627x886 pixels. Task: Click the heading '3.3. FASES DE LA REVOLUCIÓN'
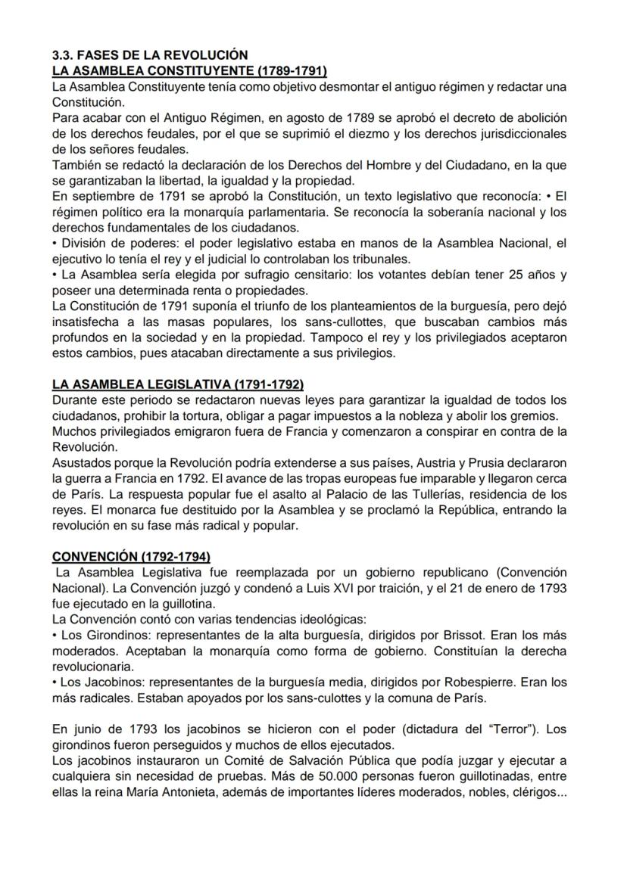(x=149, y=55)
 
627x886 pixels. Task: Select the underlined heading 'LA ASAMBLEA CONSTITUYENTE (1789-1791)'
(x=189, y=70)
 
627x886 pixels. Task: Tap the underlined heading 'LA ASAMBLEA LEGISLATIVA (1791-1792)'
(x=178, y=384)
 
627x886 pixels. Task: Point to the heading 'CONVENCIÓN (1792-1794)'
(x=131, y=556)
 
